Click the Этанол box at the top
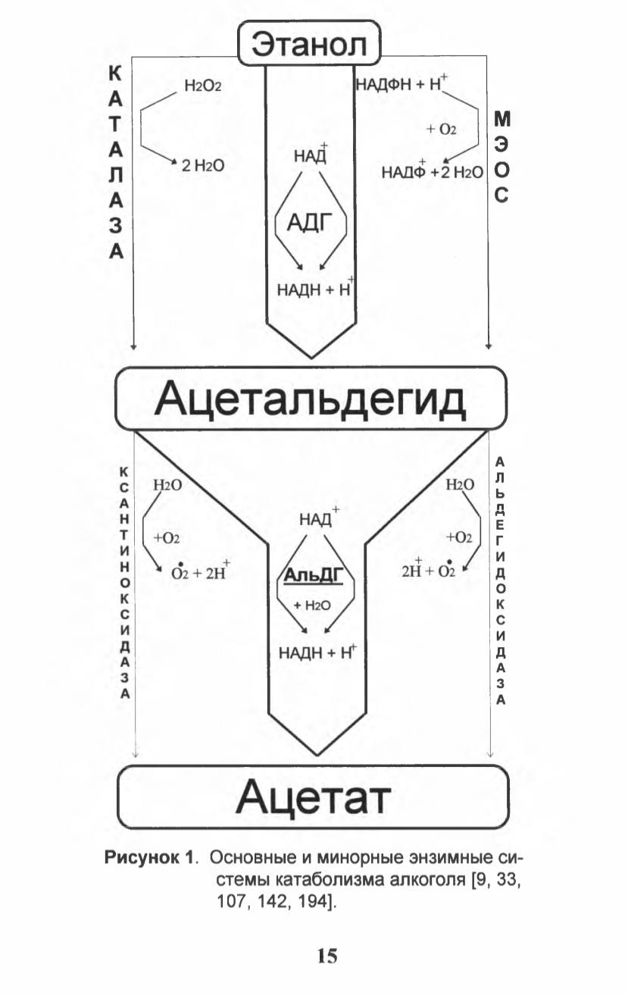tap(310, 43)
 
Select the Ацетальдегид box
tap(311, 399)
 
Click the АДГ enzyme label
tap(310, 221)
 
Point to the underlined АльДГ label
tap(314, 576)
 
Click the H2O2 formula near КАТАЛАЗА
tap(202, 86)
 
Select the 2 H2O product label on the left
tap(203, 166)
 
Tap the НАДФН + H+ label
tap(402, 83)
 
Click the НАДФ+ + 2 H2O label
tap(432, 171)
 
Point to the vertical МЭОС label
tap(501, 158)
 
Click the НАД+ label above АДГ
tap(311, 154)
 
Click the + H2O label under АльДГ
tap(312, 605)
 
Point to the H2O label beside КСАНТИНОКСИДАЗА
tap(167, 485)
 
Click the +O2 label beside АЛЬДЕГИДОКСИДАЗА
tap(459, 537)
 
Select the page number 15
tap(328, 955)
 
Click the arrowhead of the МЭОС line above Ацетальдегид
tap(488, 346)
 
